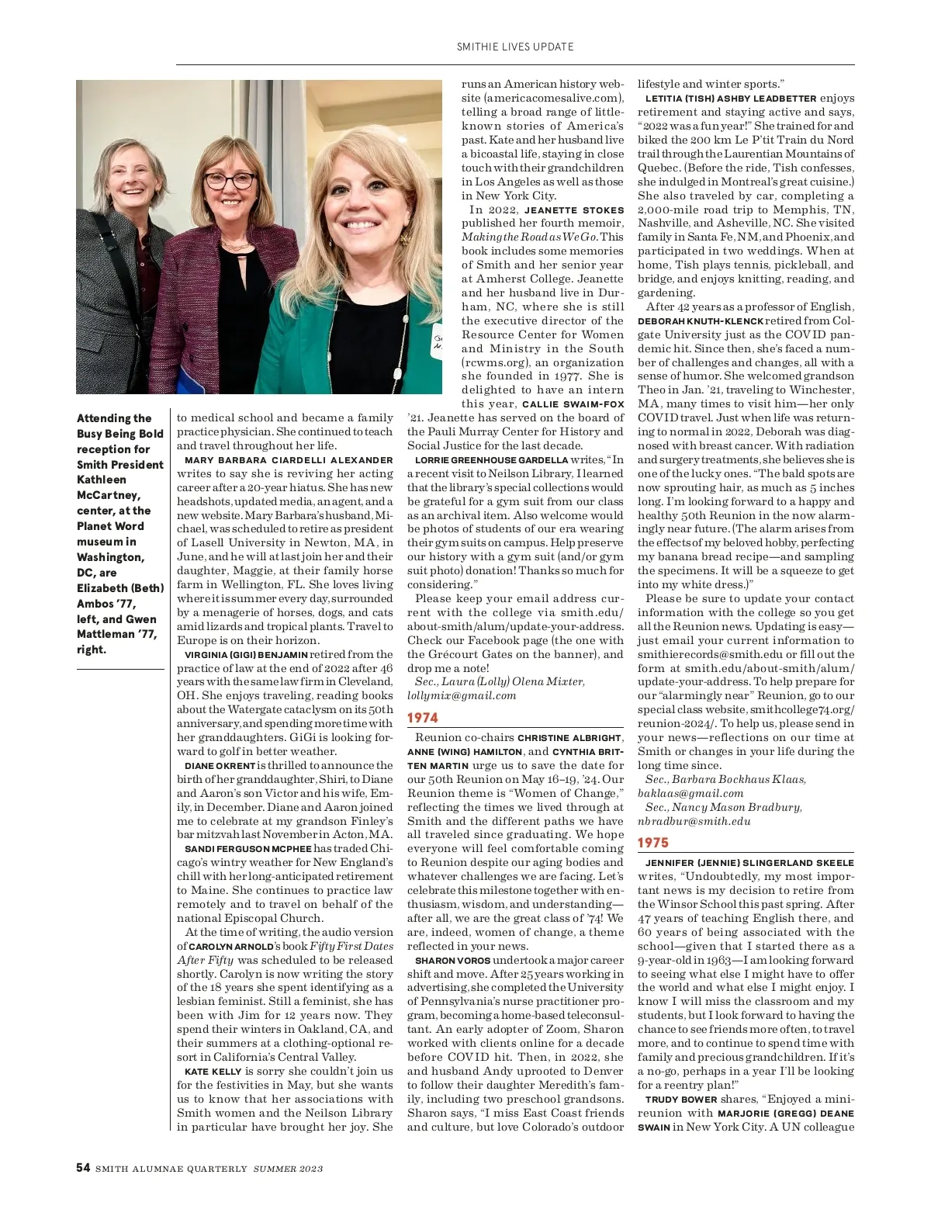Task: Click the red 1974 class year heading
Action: [423, 718]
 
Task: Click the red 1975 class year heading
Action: [653, 843]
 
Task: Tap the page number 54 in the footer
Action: [83, 1168]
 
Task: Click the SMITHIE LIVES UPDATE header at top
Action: [515, 47]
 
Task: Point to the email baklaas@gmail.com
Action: [690, 793]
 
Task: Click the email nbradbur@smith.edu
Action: [694, 821]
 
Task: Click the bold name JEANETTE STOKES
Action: [574, 210]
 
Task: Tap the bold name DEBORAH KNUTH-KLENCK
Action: [701, 321]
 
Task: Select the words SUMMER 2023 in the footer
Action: [288, 1169]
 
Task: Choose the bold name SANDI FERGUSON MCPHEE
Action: [248, 849]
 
